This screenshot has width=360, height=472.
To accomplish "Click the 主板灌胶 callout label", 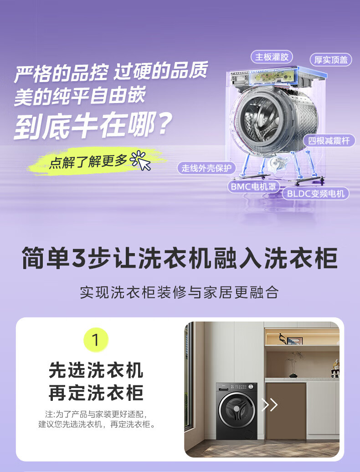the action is coord(272,57).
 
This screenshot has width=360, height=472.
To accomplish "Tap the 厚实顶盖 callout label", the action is coord(330,60).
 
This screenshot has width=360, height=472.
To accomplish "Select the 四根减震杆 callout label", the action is coord(329,141).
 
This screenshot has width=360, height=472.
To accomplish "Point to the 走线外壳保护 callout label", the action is coord(206,168).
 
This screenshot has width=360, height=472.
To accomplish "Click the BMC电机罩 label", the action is coord(253,187).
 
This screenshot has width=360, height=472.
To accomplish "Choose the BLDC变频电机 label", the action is coord(315,193).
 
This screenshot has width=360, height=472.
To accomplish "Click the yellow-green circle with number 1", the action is coord(96,340).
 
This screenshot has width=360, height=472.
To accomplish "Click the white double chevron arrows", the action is coord(269,405).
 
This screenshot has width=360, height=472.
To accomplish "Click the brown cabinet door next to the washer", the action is coord(285,410).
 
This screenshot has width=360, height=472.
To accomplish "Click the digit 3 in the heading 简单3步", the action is coord(78,258).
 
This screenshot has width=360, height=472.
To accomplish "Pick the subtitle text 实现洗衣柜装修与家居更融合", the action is coord(180,292).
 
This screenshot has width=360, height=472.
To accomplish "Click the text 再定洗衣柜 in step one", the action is coord(96,393).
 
